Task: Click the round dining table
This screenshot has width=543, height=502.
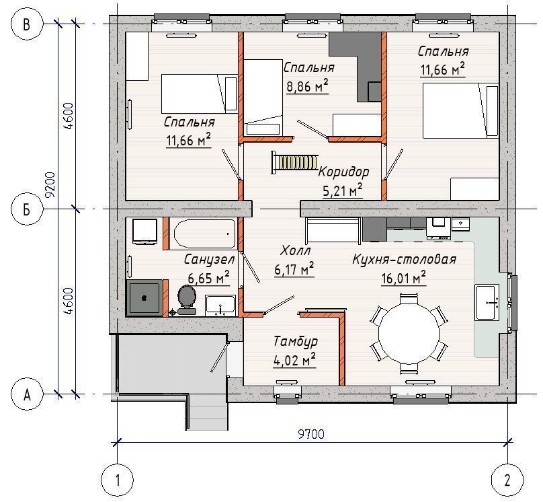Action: point(409,334)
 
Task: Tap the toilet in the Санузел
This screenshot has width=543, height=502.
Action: point(187,300)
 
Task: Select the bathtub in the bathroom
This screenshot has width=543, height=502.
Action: point(205,234)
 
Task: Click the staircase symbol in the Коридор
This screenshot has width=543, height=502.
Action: point(295,162)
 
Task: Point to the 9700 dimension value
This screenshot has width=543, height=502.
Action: point(311,434)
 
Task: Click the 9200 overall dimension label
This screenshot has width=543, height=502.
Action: point(51,185)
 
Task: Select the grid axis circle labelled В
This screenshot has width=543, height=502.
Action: point(27,24)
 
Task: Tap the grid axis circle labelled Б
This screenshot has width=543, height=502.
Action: point(27,209)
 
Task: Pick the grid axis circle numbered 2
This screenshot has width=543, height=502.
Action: point(507,480)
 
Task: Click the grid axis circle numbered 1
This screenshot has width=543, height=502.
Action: point(117,480)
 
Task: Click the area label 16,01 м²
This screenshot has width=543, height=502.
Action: point(403,278)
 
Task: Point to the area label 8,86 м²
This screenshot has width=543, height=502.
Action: point(307,85)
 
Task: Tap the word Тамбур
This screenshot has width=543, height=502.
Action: point(296,341)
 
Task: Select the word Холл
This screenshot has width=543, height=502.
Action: point(296,250)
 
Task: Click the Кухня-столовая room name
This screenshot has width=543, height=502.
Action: point(404,259)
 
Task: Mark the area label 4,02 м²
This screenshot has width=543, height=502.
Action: point(294,360)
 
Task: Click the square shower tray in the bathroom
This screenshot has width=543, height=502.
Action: point(144,298)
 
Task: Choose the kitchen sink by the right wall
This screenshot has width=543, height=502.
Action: point(487,302)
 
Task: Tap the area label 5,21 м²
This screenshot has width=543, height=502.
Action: point(343,190)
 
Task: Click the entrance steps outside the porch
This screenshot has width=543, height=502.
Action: point(207,413)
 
